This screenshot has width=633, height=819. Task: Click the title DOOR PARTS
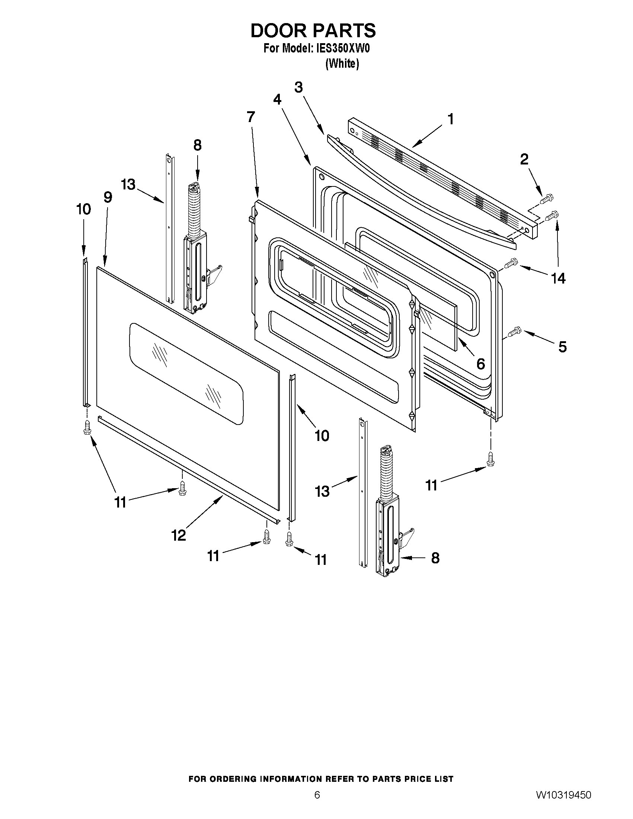tap(313, 31)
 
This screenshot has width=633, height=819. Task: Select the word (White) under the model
tap(342, 64)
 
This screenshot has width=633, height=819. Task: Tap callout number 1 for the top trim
tap(451, 119)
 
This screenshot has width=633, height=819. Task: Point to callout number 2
tap(524, 159)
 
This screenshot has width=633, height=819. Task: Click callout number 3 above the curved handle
tap(298, 87)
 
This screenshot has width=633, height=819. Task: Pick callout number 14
tap(558, 278)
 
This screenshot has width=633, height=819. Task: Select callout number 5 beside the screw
tap(562, 347)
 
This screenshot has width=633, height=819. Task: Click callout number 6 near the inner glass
tap(480, 363)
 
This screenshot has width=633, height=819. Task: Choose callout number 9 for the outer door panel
tap(108, 197)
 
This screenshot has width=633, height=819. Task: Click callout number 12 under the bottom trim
tap(179, 535)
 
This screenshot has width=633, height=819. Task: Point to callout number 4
tap(277, 99)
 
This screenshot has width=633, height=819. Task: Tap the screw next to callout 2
tap(547, 197)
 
